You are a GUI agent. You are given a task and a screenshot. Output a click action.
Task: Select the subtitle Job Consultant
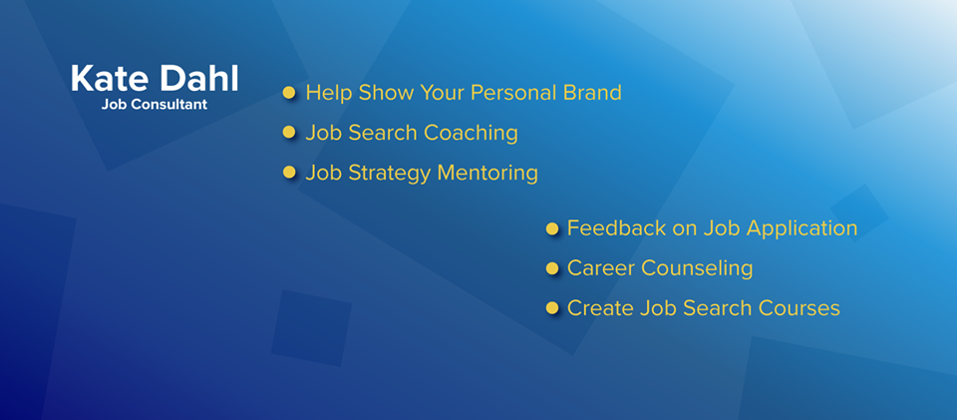tap(155, 105)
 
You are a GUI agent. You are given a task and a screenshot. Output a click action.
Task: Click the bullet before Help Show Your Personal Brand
tap(289, 93)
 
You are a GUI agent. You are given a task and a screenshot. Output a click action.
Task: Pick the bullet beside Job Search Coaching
tap(289, 133)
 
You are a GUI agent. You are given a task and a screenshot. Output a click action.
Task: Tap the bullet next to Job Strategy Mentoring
tap(289, 173)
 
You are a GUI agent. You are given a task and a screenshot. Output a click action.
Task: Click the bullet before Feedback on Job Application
tap(551, 228)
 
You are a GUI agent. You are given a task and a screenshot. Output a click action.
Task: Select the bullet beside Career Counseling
tap(551, 268)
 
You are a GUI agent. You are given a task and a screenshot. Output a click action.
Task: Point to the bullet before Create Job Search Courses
tap(551, 307)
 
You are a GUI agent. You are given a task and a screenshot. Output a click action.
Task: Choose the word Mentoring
tap(488, 174)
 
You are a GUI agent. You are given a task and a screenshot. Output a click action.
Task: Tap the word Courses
tap(799, 307)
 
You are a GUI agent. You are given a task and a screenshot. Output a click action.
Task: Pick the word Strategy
tap(390, 174)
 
